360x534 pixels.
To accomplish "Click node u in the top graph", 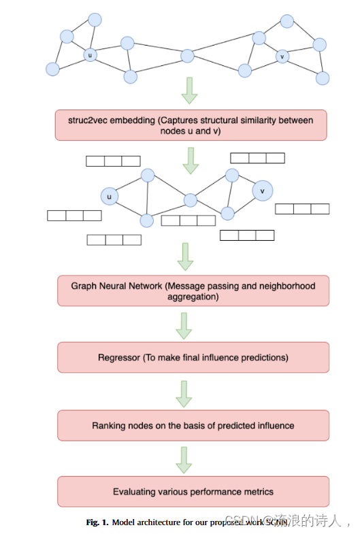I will tap(90, 54).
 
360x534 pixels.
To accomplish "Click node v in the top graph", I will tap(282, 56).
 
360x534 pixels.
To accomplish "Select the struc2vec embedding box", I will tap(191, 125).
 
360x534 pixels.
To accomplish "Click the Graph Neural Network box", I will tap(193, 291).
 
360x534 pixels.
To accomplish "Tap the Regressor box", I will tap(193, 357).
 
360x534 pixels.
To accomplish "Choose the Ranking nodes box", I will tap(193, 425).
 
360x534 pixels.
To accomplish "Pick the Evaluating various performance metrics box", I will tap(193, 491).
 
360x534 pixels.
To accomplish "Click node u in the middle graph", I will tap(108, 197).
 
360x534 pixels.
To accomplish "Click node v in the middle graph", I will tap(263, 191).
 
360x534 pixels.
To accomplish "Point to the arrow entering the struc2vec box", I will tap(191, 91).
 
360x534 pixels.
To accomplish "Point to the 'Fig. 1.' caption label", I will tap(97, 522).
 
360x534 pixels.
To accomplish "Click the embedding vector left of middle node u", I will tap(74, 216).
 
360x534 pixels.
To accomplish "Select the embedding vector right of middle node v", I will tap(301, 209).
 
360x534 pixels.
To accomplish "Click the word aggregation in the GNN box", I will tap(193, 297).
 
